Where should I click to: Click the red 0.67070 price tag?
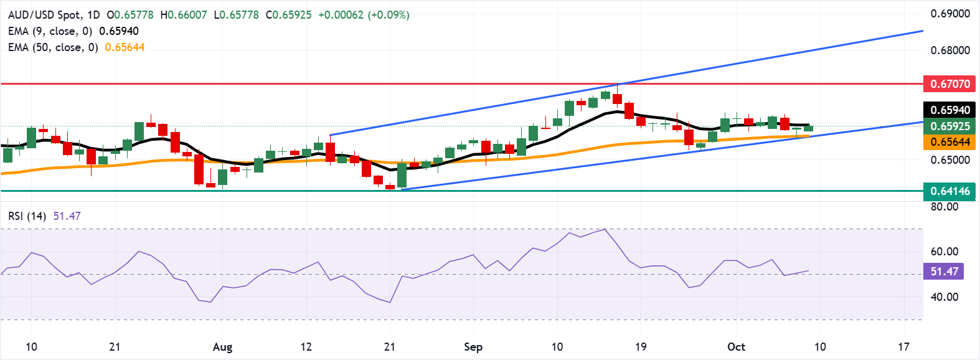coord(949,83)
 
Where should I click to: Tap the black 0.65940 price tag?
coord(949,110)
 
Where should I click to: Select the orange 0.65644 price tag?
coord(949,142)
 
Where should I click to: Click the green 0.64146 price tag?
coord(949,191)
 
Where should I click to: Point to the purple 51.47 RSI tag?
coord(945,272)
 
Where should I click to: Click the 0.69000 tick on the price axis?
coord(950,14)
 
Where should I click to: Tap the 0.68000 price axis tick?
coord(950,50)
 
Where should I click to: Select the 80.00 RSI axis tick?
coord(945,207)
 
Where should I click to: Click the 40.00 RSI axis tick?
coord(945,297)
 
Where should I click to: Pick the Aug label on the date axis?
coord(222,347)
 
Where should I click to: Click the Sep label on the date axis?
coord(473,347)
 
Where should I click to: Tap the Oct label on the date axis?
coord(736,347)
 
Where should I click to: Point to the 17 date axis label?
coord(903,347)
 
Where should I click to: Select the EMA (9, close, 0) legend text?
coord(50,31)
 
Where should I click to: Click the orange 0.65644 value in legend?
coord(125,47)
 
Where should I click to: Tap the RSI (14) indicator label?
coord(27,216)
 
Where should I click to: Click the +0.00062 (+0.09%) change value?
coord(364,15)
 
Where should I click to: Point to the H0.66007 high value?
coord(184,15)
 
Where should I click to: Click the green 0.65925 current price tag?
coord(949,126)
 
